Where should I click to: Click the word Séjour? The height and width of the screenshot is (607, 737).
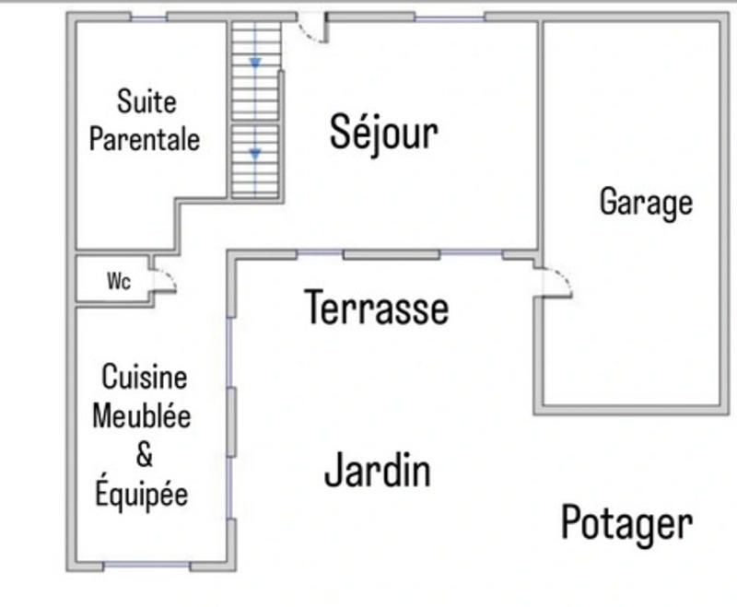(x=383, y=134)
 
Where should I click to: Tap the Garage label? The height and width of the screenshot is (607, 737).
(x=646, y=201)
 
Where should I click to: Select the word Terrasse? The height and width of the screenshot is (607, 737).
(x=377, y=308)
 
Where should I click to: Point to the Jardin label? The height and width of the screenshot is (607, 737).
(x=378, y=471)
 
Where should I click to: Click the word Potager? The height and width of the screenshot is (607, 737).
(x=626, y=523)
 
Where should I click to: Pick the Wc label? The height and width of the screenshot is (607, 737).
(x=119, y=282)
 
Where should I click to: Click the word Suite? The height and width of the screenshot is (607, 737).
(x=146, y=100)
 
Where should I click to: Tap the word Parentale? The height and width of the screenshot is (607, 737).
(x=145, y=139)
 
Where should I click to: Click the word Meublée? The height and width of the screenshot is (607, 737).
(x=142, y=415)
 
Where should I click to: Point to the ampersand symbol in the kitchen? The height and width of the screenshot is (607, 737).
(x=144, y=454)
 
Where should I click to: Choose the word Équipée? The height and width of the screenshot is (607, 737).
(x=142, y=494)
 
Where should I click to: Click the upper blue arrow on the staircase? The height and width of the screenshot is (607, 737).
(x=255, y=63)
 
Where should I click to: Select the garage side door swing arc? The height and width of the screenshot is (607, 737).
(x=556, y=281)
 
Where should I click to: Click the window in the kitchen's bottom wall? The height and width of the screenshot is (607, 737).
(x=135, y=565)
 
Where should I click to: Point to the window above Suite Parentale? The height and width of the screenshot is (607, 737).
(x=147, y=17)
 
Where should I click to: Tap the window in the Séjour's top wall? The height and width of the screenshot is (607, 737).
(x=450, y=17)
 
